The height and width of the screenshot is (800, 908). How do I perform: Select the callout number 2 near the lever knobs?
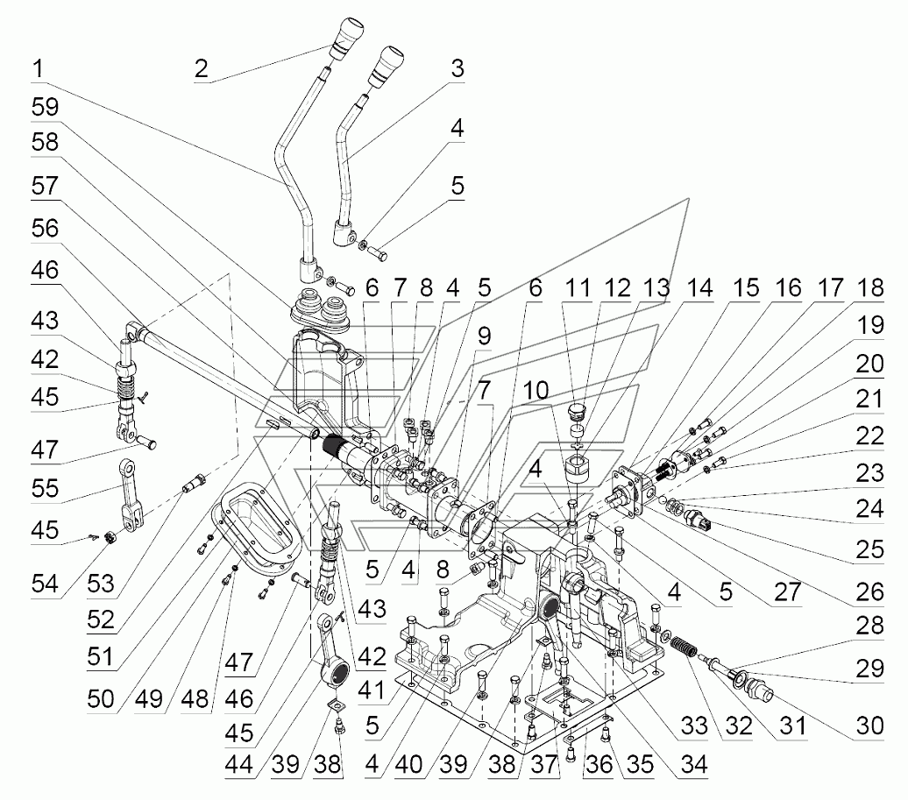pos(201,69)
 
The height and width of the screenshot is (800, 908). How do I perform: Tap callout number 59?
pos(43,108)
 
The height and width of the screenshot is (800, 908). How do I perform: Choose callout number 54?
pos(43,584)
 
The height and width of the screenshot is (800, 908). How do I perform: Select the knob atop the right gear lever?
pos(386,66)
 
